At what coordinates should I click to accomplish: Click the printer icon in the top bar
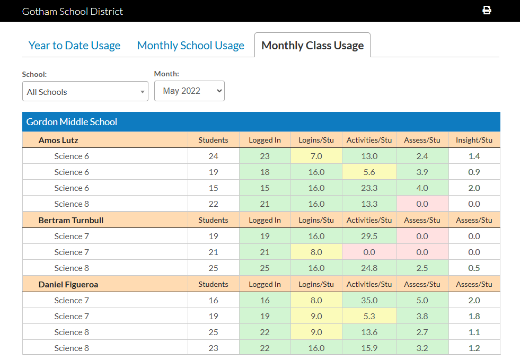[x=487, y=11]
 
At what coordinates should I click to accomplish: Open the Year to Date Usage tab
[x=74, y=46]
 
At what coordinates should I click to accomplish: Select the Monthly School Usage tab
[x=190, y=46]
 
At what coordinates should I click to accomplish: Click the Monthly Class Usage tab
[x=312, y=46]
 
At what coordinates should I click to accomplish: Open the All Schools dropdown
[x=85, y=92]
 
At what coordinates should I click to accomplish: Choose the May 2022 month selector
[x=189, y=91]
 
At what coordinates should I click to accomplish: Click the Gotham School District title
[x=73, y=11]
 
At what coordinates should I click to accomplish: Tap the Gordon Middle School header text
[x=72, y=122]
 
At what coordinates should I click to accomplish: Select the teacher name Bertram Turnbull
[x=71, y=220]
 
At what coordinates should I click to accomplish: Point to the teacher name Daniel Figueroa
[x=68, y=285]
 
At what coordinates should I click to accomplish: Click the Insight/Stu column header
[x=474, y=141]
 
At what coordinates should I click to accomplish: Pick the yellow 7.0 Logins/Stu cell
[x=316, y=156]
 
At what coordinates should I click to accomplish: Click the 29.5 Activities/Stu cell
[x=369, y=236]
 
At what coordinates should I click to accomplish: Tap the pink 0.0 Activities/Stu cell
[x=369, y=252]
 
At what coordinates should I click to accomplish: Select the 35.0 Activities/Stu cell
[x=369, y=301]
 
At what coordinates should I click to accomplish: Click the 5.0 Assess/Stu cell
[x=422, y=301]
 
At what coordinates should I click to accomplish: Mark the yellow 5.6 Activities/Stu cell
[x=369, y=172]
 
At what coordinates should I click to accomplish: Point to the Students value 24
[x=213, y=156]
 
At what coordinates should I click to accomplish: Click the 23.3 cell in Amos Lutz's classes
[x=369, y=188]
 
